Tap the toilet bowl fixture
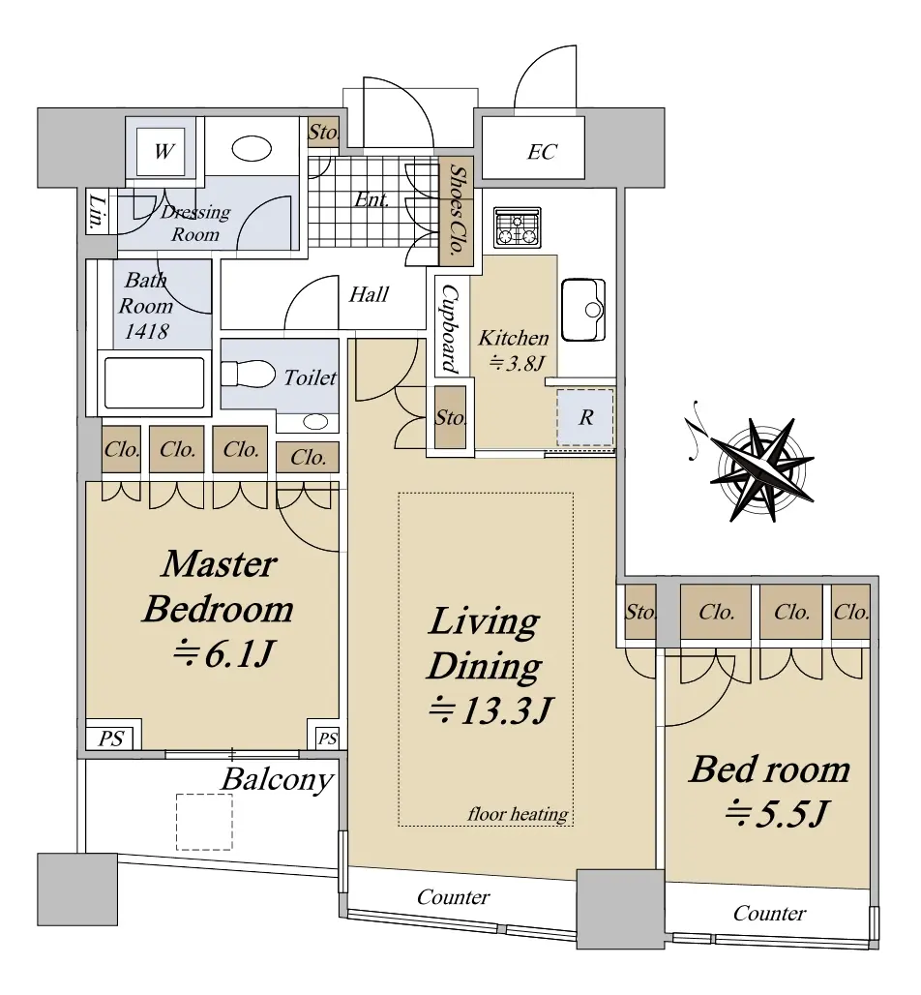248,374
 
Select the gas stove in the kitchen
517,227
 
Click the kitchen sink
583,310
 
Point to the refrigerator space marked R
585,417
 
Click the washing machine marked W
163,152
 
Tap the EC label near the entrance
542,152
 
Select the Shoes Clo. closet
456,211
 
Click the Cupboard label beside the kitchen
450,328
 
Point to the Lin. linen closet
97,211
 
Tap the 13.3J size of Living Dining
490,710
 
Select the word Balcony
278,779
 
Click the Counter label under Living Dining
453,896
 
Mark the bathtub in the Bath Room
155,382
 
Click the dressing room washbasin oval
252,149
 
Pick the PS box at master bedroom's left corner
111,738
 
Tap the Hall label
369,294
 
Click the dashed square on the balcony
204,822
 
